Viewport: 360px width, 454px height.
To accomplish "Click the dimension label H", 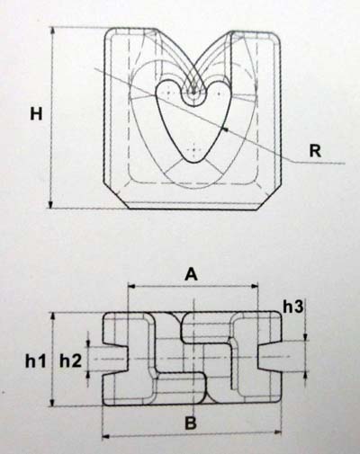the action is tap(36, 114).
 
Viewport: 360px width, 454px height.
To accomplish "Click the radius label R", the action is tap(315, 151).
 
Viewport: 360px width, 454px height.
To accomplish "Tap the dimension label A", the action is tap(192, 274).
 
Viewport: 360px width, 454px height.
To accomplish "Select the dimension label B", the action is tap(191, 423).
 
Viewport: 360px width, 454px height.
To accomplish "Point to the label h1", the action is tap(36, 361).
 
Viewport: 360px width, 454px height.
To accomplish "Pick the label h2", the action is tap(70, 361).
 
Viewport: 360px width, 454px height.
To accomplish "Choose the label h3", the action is tap(293, 307).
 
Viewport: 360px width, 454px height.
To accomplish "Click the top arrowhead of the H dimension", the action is tap(52, 31).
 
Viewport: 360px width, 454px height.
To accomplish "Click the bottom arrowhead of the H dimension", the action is tap(51, 204).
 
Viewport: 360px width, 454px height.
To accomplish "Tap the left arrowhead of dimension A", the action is tap(131, 286).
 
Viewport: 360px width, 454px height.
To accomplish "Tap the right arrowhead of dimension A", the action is tap(255, 286).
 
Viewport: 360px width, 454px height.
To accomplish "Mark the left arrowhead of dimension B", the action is tap(106, 437).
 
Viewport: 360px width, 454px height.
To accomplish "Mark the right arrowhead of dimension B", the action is tap(278, 432).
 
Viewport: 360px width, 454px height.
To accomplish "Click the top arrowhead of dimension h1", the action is tap(53, 316).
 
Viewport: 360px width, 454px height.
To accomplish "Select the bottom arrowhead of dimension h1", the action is tap(53, 402).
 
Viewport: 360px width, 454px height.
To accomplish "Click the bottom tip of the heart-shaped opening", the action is tap(194, 163).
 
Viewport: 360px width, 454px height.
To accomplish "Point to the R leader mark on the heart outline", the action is tap(224, 129).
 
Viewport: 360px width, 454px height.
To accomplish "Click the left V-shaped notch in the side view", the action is tap(116, 359).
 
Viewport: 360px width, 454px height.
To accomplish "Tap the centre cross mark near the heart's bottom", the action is tap(193, 149).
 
